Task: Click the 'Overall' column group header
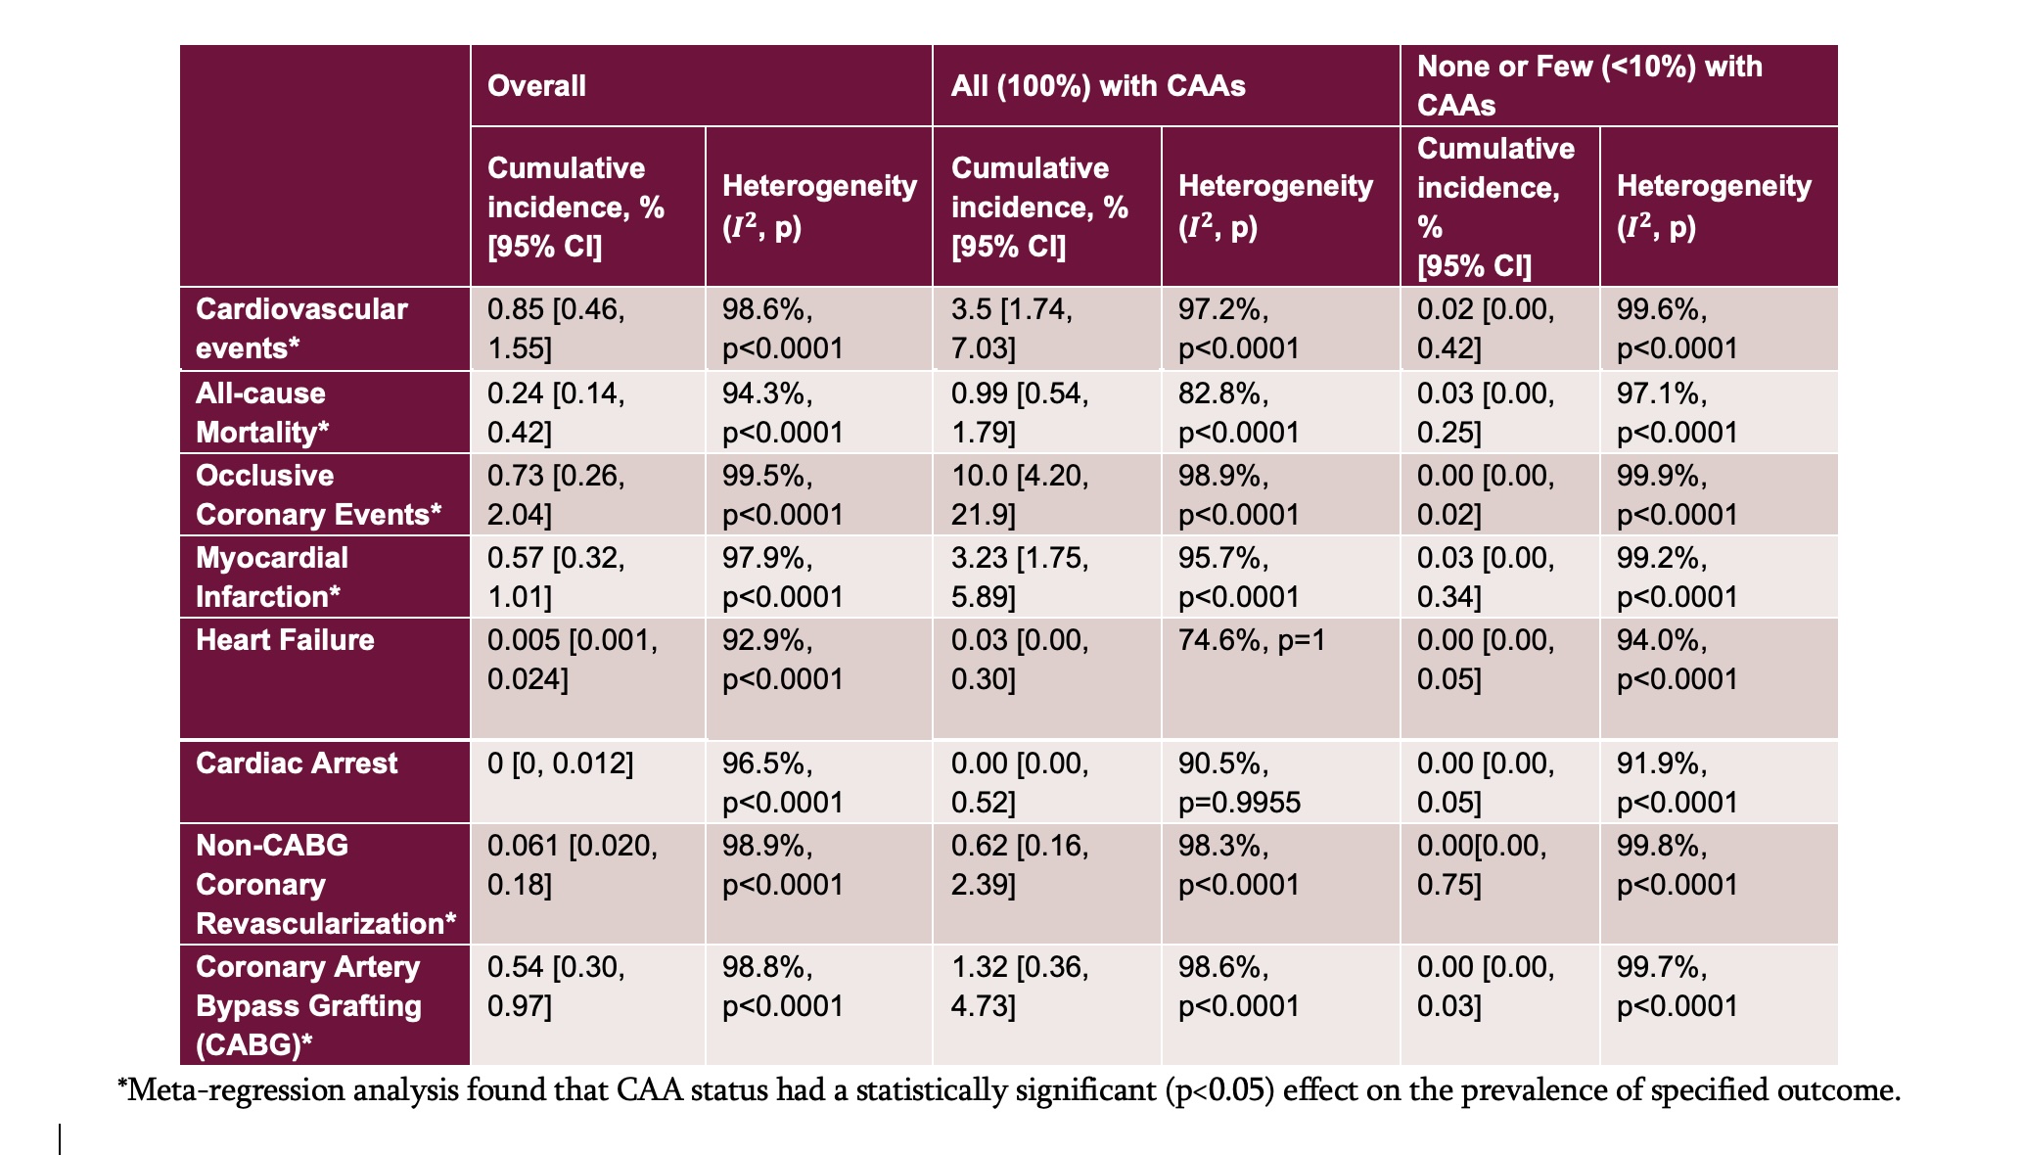coord(536,86)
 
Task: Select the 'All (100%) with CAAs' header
coord(1097,86)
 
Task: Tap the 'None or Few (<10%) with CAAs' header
coord(1589,86)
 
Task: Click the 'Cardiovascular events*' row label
coord(301,328)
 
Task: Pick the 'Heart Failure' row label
coord(285,640)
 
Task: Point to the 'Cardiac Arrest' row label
coord(297,763)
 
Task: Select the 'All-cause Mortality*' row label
coord(262,412)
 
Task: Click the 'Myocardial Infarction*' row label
coord(271,577)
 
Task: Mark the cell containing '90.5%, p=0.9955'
coord(1239,783)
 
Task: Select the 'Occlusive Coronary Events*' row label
coord(318,494)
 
